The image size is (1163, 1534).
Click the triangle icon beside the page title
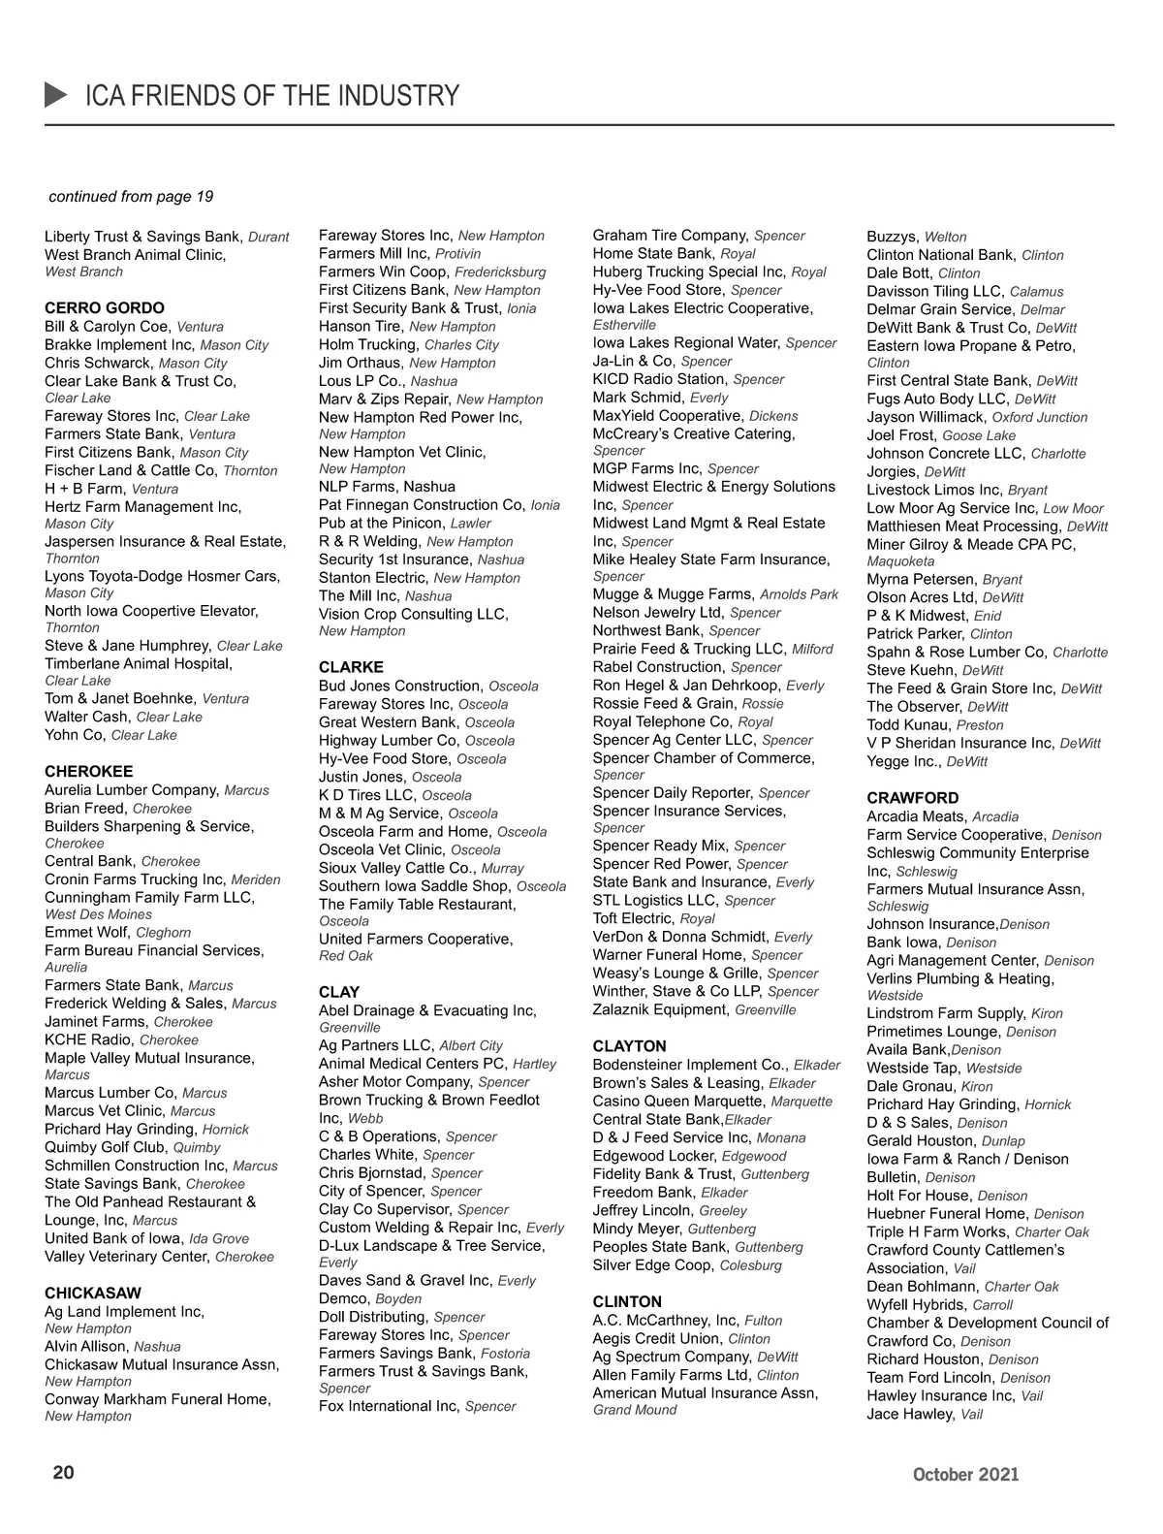[56, 95]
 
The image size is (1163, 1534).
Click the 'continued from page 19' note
[131, 197]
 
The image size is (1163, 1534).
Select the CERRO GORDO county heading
[105, 308]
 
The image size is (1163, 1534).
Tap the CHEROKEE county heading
[89, 772]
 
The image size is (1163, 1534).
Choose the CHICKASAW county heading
[93, 1294]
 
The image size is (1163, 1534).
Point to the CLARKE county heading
[351, 667]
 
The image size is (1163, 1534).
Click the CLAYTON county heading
[630, 1046]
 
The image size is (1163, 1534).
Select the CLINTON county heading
[627, 1302]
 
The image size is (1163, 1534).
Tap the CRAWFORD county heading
[913, 798]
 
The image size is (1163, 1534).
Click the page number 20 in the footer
[63, 1473]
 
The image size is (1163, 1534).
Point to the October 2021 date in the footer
[965, 1475]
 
